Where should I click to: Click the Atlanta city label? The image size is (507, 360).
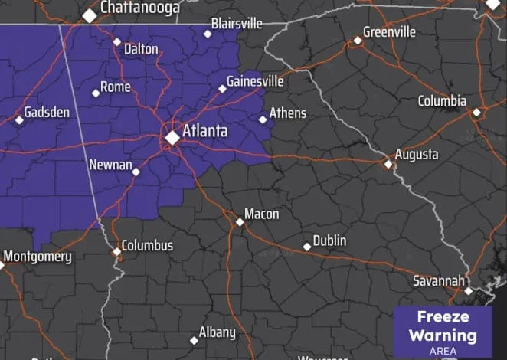[204, 131]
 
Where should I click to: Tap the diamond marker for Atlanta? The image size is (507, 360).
[173, 137]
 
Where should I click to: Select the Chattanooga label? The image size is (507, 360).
[140, 8]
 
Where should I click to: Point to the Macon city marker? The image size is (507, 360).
[240, 222]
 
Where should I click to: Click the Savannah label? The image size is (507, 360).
[439, 280]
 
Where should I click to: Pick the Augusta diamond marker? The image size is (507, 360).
[388, 164]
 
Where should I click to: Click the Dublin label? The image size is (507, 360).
[330, 241]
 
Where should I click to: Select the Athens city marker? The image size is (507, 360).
[263, 119]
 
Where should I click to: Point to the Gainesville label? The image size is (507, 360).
[256, 81]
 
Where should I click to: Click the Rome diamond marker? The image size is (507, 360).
[96, 93]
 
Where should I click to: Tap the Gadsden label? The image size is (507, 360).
[47, 113]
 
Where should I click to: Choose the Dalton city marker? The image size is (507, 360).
[117, 41]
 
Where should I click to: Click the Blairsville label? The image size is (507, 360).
[237, 24]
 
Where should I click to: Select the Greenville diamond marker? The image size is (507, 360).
[357, 41]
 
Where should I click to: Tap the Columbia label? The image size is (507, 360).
[442, 101]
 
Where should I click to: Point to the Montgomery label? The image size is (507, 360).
[38, 257]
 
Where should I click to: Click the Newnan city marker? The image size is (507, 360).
[136, 172]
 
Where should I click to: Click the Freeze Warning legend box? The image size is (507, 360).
[443, 331]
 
